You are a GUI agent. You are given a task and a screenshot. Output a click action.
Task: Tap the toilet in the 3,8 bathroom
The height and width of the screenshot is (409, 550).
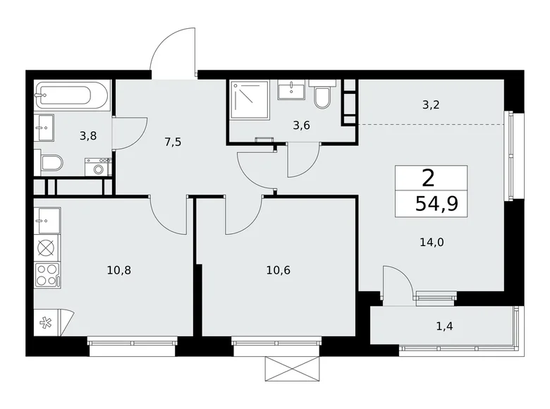click(51, 164)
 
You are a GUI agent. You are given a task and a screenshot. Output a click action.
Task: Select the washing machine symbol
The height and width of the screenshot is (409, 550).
click(98, 167)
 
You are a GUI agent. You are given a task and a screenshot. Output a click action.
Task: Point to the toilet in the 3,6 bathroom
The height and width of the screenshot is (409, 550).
click(322, 97)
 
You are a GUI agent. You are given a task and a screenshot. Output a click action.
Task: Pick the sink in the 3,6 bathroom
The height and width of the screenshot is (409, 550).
click(291, 90)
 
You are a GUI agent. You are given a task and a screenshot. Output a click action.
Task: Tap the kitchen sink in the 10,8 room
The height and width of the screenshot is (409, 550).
click(47, 220)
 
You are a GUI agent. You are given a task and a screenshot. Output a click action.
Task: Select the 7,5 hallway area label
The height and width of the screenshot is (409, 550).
click(173, 142)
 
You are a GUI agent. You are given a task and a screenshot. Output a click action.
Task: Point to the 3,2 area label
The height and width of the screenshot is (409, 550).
click(432, 105)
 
